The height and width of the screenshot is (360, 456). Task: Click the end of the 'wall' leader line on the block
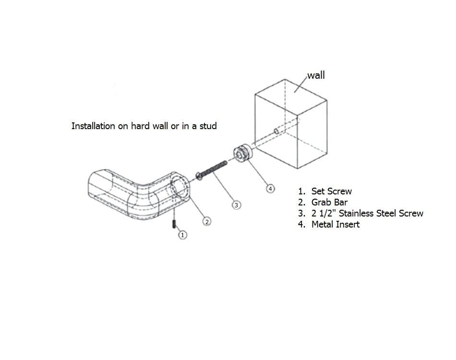click(x=294, y=93)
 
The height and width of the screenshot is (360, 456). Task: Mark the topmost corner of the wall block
click(x=285, y=79)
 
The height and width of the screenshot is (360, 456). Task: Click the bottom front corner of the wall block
click(x=298, y=168)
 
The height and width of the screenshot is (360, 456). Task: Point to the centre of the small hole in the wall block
click(x=276, y=132)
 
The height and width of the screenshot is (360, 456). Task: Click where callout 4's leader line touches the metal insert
click(x=248, y=160)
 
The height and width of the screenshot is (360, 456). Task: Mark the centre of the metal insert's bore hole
click(x=240, y=155)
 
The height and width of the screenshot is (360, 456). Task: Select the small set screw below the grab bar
click(x=174, y=224)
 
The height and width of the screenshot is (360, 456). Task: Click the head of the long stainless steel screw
click(x=199, y=176)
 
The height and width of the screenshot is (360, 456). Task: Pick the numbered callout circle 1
click(x=182, y=235)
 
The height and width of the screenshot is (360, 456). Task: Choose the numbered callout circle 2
click(x=207, y=222)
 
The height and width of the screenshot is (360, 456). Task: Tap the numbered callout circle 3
click(x=236, y=205)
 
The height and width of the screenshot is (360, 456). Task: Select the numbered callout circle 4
click(x=270, y=189)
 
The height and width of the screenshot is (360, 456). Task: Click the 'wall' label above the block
click(x=316, y=75)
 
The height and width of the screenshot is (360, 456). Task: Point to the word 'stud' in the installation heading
click(x=208, y=126)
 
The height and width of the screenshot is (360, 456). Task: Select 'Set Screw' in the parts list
click(x=332, y=191)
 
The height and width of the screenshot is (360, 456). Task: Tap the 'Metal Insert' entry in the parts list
click(x=336, y=224)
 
